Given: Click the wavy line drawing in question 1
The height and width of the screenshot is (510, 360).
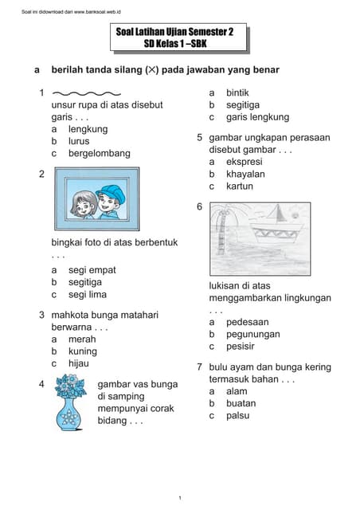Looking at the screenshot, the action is pos(89,94).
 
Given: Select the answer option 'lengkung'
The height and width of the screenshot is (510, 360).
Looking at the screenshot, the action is pos(88,129).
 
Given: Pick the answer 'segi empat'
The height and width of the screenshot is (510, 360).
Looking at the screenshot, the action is pos(92,270).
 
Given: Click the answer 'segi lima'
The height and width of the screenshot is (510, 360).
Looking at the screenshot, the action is pos(87,294).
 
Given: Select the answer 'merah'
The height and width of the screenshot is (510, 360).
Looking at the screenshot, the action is pos(82,339).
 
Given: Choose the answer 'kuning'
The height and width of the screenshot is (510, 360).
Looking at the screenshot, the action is pos(83,351).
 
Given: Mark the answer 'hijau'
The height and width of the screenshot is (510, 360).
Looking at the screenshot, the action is pos(79,363).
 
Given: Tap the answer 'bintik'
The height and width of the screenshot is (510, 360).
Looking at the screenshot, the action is pos(237,93).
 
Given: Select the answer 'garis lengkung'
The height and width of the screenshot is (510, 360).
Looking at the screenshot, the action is pos(257,117).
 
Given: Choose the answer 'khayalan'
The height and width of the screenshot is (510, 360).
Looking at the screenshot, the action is pos(245,174).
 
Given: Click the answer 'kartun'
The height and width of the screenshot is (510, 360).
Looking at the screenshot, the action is pos(240,186).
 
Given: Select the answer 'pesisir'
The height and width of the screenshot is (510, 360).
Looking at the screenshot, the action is pos(241,347).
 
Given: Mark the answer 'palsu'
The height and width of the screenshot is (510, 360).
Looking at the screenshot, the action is pos(238,415).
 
